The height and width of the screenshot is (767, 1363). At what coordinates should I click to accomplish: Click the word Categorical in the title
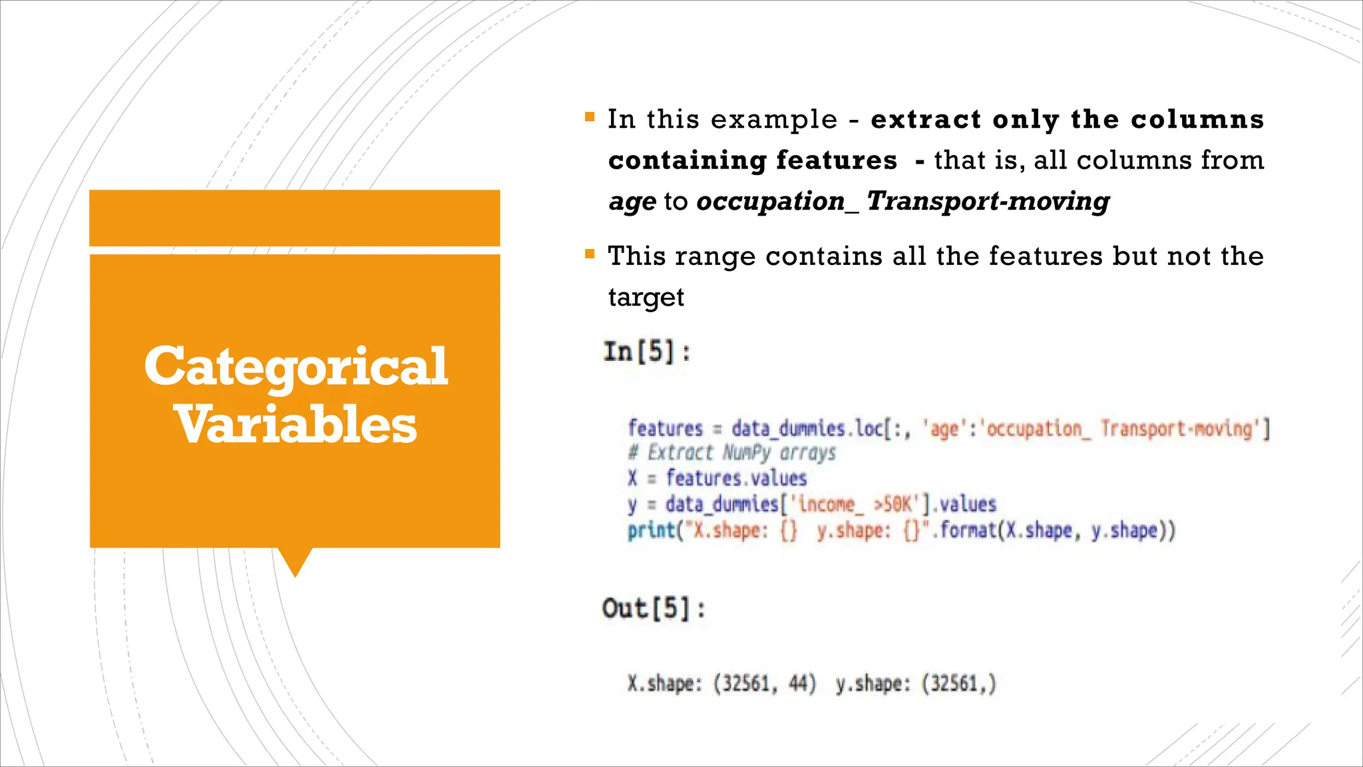tap(295, 366)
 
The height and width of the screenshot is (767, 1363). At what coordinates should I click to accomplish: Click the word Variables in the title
tap(295, 425)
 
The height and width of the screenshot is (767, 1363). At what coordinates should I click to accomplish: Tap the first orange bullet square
tap(590, 117)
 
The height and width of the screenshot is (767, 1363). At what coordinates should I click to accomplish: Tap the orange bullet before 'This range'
tap(590, 254)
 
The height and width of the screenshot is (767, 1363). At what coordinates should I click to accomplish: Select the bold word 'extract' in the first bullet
tap(926, 119)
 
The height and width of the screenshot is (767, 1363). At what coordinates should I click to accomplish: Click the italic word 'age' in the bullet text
tap(632, 201)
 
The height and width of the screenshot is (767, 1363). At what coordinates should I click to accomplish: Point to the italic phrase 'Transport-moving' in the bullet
tap(988, 201)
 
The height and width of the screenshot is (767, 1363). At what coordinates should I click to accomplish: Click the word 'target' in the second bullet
tap(646, 297)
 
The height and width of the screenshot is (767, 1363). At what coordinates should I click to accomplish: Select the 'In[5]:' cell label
tap(646, 352)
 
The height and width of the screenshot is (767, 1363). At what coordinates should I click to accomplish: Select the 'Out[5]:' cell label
tap(653, 609)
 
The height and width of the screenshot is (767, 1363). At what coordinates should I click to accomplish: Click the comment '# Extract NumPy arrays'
tap(731, 453)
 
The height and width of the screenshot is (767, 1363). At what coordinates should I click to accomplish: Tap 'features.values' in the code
tap(736, 478)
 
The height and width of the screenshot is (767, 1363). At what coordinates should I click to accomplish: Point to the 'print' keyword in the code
tap(651, 531)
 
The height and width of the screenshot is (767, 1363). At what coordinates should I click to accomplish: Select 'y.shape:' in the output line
tap(873, 684)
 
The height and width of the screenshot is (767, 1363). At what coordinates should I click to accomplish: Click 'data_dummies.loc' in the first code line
tap(807, 428)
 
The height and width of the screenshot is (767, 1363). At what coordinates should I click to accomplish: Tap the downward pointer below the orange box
tap(295, 561)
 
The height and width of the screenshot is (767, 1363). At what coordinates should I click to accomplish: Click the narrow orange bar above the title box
tap(295, 218)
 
